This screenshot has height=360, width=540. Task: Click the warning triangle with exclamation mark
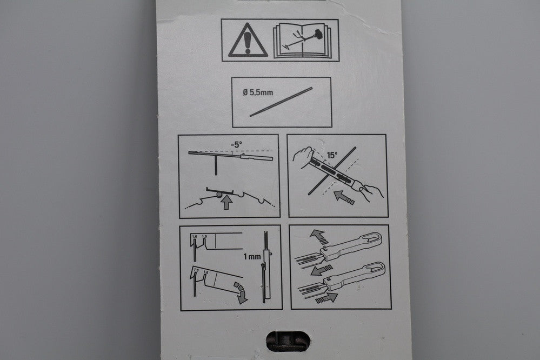[248, 41]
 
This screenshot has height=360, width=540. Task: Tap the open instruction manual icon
[302, 41]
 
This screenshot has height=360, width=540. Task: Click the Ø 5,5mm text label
[258, 92]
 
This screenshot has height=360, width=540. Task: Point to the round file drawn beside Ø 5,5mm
[281, 102]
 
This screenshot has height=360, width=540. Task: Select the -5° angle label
[237, 145]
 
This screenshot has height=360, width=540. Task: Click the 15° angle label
[332, 155]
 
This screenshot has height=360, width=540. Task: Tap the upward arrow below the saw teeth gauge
[226, 202]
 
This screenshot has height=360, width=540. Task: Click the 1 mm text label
[252, 257]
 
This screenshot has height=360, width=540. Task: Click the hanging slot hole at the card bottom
[288, 341]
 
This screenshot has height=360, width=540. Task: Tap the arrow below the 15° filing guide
[344, 197]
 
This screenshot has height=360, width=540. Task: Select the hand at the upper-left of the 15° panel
[303, 157]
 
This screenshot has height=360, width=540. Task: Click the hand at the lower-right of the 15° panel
[371, 192]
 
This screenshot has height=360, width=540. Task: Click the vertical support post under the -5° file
[216, 165]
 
